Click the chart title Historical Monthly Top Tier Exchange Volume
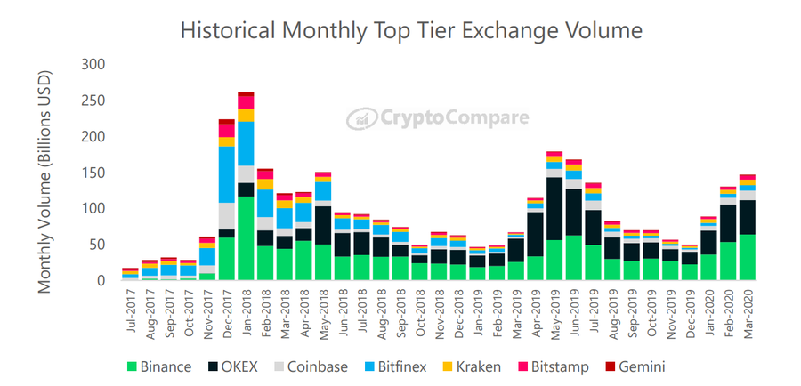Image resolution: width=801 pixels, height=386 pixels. tap(410, 30)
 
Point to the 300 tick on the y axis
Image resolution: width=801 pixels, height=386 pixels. tap(93, 65)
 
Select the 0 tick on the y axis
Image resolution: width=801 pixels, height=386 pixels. tap(101, 281)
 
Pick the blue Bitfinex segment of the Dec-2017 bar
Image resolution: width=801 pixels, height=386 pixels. tap(227, 174)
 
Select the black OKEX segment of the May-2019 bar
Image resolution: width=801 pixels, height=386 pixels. tap(554, 209)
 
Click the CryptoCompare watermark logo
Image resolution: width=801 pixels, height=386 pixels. tap(438, 117)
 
